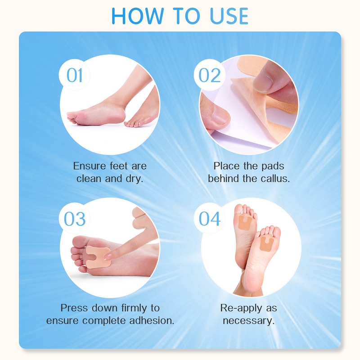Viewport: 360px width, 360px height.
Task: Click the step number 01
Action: (75, 75)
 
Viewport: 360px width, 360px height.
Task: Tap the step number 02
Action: (210, 75)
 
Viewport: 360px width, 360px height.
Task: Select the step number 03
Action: (75, 219)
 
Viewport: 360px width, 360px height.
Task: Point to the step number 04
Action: (210, 219)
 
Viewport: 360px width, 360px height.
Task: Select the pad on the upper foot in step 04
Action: (245, 222)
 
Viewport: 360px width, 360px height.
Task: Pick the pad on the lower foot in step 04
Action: (266, 243)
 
